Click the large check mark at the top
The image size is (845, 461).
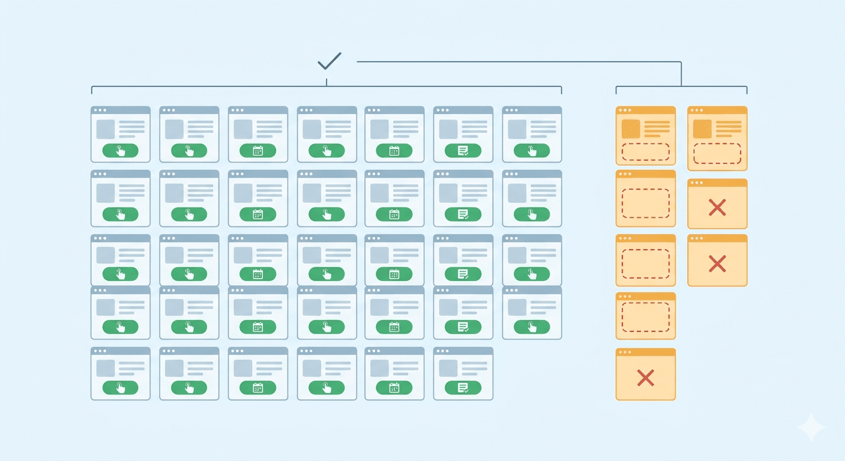329,61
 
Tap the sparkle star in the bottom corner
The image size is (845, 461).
811,427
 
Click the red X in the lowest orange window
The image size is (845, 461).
645,378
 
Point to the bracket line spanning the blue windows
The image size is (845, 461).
326,86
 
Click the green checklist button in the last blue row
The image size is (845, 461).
463,388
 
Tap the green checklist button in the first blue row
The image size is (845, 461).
463,151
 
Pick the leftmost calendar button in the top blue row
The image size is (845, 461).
257,151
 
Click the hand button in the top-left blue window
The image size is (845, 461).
120,151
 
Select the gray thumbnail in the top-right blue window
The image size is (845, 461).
517,129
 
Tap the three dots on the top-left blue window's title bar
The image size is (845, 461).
99,110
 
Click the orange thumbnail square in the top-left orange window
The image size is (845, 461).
631,129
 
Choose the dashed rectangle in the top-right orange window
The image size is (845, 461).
717,153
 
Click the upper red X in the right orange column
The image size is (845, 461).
717,208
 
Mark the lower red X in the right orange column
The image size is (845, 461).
717,263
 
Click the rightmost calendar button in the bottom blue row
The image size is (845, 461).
394,388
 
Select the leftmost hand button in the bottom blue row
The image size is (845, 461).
120,388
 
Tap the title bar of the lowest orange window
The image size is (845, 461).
645,352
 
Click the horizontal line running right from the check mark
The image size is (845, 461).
516,61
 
